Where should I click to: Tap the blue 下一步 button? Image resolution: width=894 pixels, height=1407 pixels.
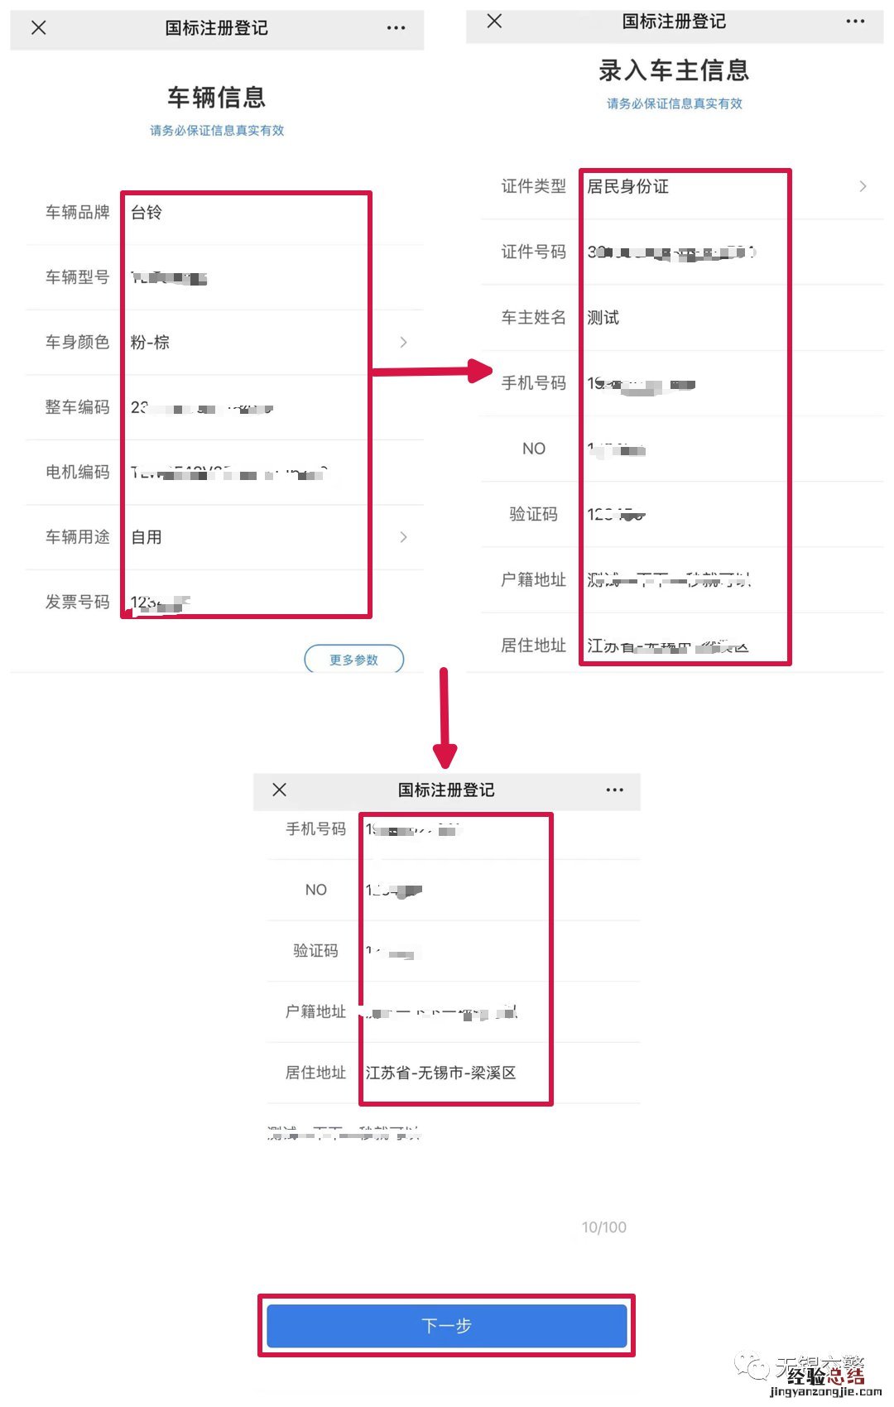(x=446, y=1325)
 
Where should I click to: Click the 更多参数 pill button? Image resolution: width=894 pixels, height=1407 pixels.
(x=353, y=660)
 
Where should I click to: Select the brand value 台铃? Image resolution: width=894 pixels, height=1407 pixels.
(x=147, y=213)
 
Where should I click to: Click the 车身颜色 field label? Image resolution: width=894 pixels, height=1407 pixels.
(x=77, y=342)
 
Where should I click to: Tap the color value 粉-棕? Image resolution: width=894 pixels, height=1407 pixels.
(x=150, y=342)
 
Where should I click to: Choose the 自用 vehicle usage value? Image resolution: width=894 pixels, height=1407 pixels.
(x=147, y=537)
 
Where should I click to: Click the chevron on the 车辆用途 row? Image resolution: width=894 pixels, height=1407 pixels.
(x=403, y=537)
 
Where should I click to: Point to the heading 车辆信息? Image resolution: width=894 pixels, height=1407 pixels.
(x=217, y=98)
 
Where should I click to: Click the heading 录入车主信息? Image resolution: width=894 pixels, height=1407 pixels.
(x=674, y=70)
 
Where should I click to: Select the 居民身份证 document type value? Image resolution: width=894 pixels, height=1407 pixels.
(x=627, y=186)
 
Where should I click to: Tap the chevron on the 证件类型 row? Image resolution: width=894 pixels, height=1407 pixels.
(x=863, y=186)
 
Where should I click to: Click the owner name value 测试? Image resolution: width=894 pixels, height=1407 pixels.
(x=603, y=318)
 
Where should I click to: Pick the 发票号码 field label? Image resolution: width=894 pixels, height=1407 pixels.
(x=77, y=602)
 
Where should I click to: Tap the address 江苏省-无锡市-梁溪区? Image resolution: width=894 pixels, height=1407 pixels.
(x=440, y=1073)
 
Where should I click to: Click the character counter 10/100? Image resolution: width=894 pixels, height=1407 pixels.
(x=603, y=1227)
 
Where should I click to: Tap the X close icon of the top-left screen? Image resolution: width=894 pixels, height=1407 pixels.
(x=38, y=27)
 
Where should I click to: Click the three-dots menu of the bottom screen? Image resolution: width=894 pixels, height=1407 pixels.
(x=614, y=790)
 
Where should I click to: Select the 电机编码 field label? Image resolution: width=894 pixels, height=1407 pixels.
(x=77, y=472)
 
